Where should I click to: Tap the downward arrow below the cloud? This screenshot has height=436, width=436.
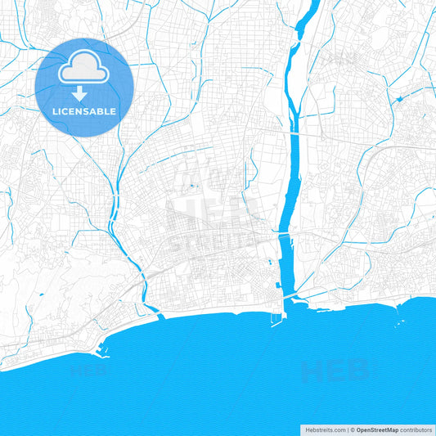(84, 92)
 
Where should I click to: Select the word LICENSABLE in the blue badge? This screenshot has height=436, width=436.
(84, 110)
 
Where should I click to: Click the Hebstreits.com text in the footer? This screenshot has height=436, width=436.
(321, 429)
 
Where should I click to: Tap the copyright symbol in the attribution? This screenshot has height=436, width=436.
(353, 429)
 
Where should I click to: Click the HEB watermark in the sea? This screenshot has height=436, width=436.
(335, 372)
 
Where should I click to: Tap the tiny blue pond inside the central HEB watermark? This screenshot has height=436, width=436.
(193, 187)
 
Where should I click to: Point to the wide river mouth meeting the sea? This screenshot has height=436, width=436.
(286, 304)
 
